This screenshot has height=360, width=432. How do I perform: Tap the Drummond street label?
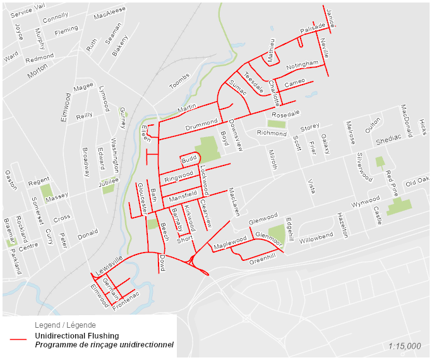pyautogui.click(x=201, y=124)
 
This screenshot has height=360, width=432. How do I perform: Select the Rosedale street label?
pyautogui.click(x=285, y=115)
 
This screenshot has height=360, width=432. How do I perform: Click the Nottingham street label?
pyautogui.click(x=303, y=65)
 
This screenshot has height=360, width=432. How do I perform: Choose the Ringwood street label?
pyautogui.click(x=179, y=176)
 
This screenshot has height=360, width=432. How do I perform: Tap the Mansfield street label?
pyautogui.click(x=183, y=197)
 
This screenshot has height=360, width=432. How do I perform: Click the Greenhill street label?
pyautogui.click(x=263, y=260)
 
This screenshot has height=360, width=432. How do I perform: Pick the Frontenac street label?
pyautogui.click(x=126, y=299)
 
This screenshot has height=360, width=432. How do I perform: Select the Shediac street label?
pyautogui.click(x=388, y=140)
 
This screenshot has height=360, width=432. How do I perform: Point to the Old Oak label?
pyautogui.click(x=417, y=182)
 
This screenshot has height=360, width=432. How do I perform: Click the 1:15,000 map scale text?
pyautogui.click(x=405, y=346)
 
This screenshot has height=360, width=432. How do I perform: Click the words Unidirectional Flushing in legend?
pyautogui.click(x=77, y=335)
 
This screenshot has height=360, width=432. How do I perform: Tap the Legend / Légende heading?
pyautogui.click(x=65, y=324)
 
